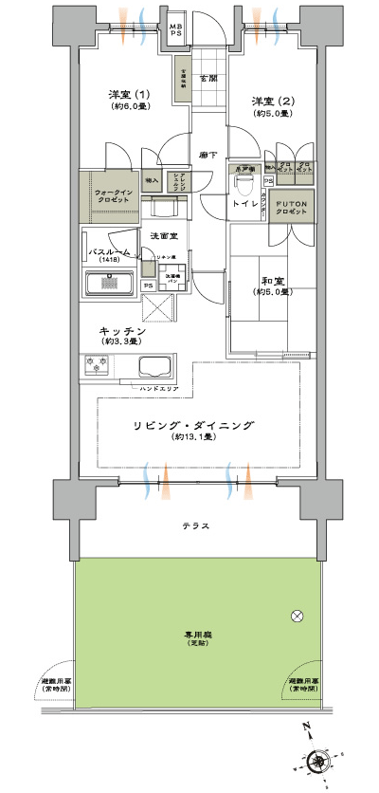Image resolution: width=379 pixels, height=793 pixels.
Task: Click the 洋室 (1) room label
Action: (127, 95)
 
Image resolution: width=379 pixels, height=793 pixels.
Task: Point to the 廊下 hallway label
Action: (208, 155)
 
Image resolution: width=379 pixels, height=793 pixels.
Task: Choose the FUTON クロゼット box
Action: (291, 208)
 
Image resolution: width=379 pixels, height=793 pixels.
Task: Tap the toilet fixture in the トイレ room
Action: (244, 176)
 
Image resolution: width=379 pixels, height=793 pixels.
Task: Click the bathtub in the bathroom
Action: (110, 284)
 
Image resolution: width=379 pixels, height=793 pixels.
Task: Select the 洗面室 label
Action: (159, 234)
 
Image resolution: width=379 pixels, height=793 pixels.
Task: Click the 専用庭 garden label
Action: (196, 637)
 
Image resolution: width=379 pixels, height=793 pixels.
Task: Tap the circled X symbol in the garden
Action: (298, 617)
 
